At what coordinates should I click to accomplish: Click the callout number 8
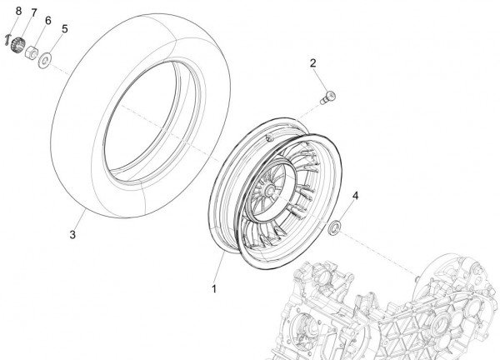point(18,11)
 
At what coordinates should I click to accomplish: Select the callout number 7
point(34,13)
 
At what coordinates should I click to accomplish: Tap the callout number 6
point(47,21)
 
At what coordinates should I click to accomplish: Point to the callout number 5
point(65,29)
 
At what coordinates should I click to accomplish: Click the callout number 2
point(312,63)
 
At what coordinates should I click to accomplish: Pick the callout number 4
point(355,196)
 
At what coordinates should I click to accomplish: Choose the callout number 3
point(72,235)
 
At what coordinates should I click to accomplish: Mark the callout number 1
point(214,289)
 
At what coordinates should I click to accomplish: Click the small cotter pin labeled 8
point(7,40)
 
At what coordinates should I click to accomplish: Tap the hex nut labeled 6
point(32,52)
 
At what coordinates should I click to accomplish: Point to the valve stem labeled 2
point(327,97)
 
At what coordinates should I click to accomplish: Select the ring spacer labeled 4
point(334,227)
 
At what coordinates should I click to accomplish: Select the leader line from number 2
point(321,81)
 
